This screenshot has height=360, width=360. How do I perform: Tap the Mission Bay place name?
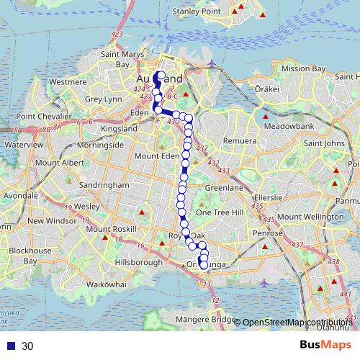click(300, 69)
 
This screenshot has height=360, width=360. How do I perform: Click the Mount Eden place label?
click(156, 156)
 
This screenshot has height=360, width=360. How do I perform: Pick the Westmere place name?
click(68, 82)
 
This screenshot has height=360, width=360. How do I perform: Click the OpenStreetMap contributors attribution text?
click(297, 323)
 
